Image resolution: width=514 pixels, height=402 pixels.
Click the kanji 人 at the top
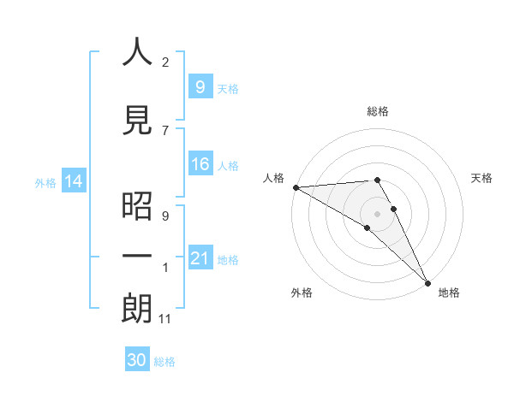click(x=138, y=52)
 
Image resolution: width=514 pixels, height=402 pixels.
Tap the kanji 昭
click(x=138, y=206)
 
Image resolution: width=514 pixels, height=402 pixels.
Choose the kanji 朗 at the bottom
click(x=138, y=309)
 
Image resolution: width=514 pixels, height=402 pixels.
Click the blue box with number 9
click(x=200, y=86)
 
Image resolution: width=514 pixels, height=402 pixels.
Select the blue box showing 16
click(x=200, y=164)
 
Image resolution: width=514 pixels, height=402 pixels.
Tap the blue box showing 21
click(x=200, y=258)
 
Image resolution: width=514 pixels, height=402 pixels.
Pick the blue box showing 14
click(x=73, y=181)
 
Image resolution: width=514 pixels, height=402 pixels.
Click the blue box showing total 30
click(x=137, y=360)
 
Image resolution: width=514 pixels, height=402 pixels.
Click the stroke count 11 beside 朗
click(x=165, y=320)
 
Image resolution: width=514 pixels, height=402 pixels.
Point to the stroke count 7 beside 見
click(x=165, y=130)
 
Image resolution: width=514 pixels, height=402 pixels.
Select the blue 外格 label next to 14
click(x=45, y=182)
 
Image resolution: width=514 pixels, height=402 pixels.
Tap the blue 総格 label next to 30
click(x=165, y=362)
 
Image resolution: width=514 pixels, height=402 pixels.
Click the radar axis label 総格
click(x=377, y=112)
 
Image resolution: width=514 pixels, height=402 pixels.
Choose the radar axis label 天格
click(x=481, y=178)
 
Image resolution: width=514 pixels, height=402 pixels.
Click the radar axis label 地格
click(x=449, y=293)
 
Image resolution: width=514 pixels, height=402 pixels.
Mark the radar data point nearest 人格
click(x=296, y=186)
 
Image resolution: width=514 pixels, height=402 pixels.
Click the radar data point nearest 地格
click(x=427, y=281)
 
